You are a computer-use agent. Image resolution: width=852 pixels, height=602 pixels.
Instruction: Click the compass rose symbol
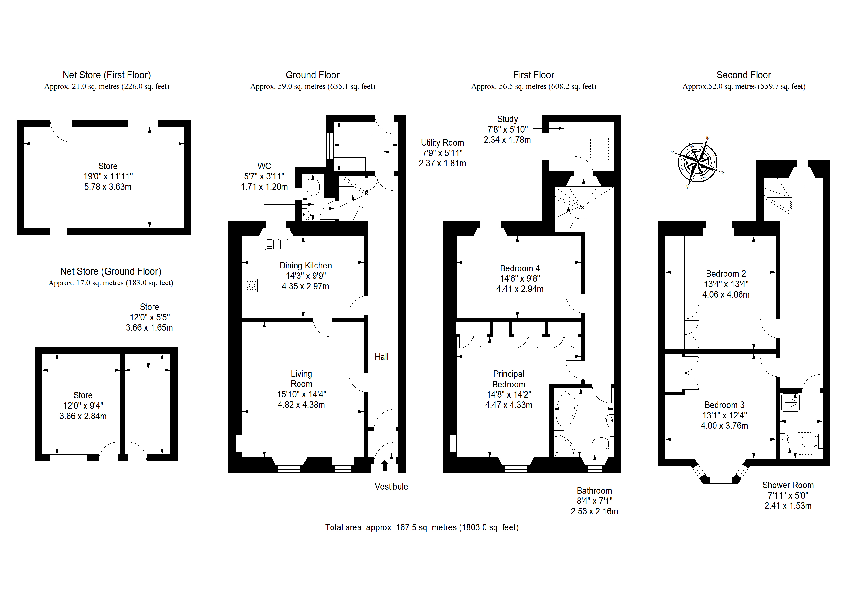tap(698, 162)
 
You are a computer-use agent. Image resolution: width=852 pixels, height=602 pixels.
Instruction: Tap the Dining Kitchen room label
tap(305, 266)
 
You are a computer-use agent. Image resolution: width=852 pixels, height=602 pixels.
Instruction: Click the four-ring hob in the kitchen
tap(252, 285)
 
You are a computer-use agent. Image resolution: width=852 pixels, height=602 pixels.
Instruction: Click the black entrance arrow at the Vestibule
tap(384, 465)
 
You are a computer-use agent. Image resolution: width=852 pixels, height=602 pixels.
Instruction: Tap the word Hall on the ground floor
tap(382, 357)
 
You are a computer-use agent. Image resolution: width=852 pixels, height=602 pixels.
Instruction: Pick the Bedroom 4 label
tap(520, 268)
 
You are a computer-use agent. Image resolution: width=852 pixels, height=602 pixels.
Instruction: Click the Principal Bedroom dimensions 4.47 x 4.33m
tap(509, 405)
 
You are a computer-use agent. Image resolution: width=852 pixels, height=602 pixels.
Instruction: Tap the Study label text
tap(507, 119)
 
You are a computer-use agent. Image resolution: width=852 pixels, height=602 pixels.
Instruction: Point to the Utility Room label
tap(442, 143)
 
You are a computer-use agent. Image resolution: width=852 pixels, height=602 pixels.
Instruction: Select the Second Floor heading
tap(744, 75)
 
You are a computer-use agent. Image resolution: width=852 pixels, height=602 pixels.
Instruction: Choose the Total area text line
tap(422, 527)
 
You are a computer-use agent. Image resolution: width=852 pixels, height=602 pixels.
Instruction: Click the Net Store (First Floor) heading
tap(107, 75)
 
